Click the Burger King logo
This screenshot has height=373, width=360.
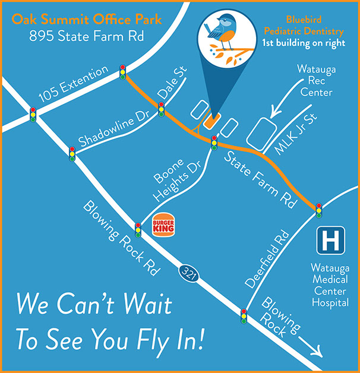click(x=163, y=223)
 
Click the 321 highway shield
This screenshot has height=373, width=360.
click(x=187, y=273)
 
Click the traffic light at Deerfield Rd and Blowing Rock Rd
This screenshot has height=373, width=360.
click(x=244, y=315)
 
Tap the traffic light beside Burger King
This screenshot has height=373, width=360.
click(x=138, y=229)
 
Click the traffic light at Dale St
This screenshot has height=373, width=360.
click(x=161, y=109)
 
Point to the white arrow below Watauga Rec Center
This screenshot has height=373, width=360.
click(x=283, y=107)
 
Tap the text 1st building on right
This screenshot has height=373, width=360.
click(x=303, y=43)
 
